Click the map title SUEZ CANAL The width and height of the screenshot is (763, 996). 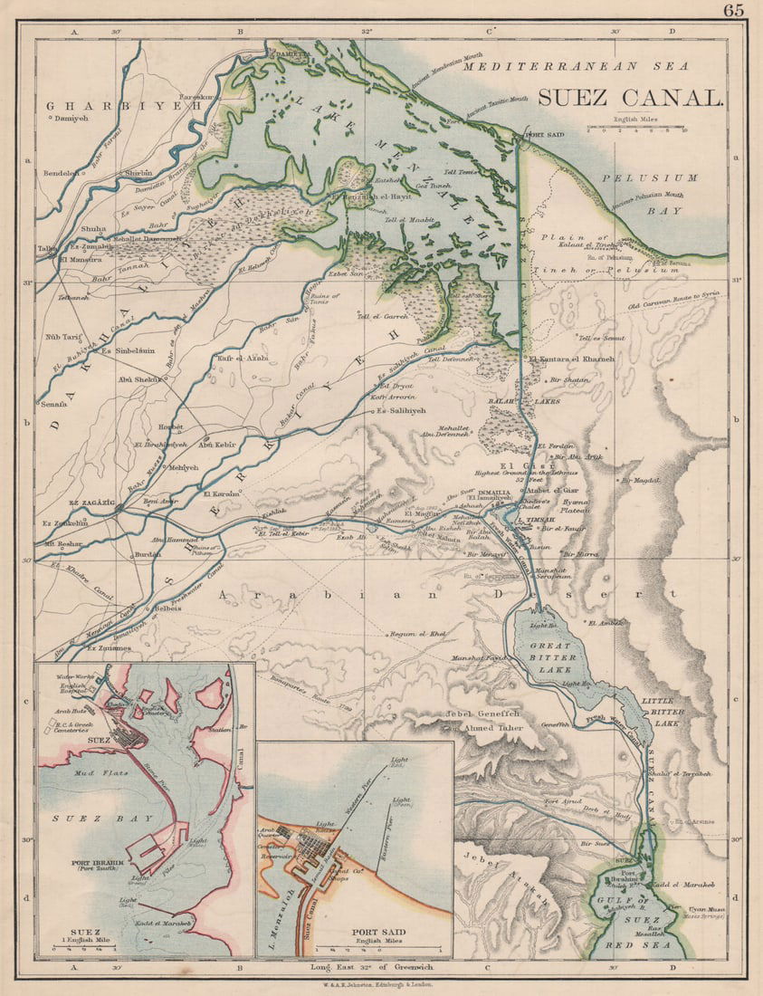(x=630, y=98)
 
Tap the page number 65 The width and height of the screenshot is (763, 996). (x=734, y=11)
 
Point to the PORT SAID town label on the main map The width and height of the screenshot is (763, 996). (x=544, y=137)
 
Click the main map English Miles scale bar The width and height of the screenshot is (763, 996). (x=636, y=129)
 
